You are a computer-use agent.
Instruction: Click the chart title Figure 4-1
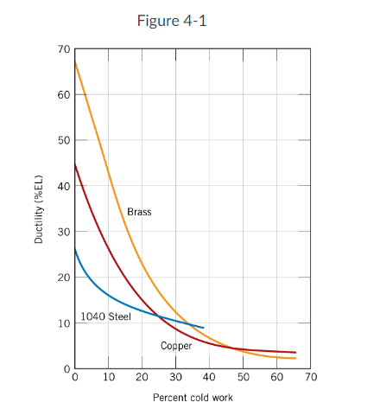pos(171,21)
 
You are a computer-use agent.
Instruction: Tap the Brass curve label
pos(139,212)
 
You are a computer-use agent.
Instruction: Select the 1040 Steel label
pos(105,316)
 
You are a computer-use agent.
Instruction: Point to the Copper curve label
pos(176,346)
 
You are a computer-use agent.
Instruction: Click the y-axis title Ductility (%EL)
pos(39,209)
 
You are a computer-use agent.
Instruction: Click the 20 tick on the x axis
pos(142,378)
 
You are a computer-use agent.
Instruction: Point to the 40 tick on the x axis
pos(210,378)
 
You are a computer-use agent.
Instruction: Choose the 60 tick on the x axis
pos(277,378)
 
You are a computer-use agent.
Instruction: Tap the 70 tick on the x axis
pos(311,378)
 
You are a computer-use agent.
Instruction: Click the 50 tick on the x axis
pos(244,378)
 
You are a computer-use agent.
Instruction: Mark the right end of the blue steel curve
pos(204,328)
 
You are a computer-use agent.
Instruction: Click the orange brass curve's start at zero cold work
pos(75,62)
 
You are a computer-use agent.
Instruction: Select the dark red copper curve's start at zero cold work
pos(75,164)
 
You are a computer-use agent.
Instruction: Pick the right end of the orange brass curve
pos(295,358)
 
